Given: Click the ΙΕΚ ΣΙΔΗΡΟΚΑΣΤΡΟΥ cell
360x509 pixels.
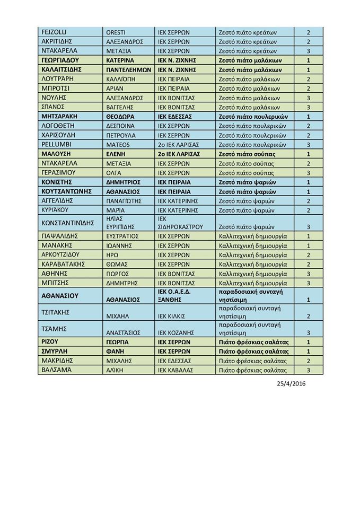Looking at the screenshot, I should (x=180, y=222).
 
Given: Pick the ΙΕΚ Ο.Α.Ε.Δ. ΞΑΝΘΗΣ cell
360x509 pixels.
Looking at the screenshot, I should (x=180, y=295).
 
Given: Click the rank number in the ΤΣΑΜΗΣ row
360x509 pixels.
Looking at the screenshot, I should (x=308, y=333).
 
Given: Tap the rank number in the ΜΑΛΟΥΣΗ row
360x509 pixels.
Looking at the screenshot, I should (x=308, y=154).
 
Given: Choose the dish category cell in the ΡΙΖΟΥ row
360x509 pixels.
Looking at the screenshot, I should (x=253, y=342).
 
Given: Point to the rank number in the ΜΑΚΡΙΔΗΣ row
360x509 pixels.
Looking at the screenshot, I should (x=308, y=361).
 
